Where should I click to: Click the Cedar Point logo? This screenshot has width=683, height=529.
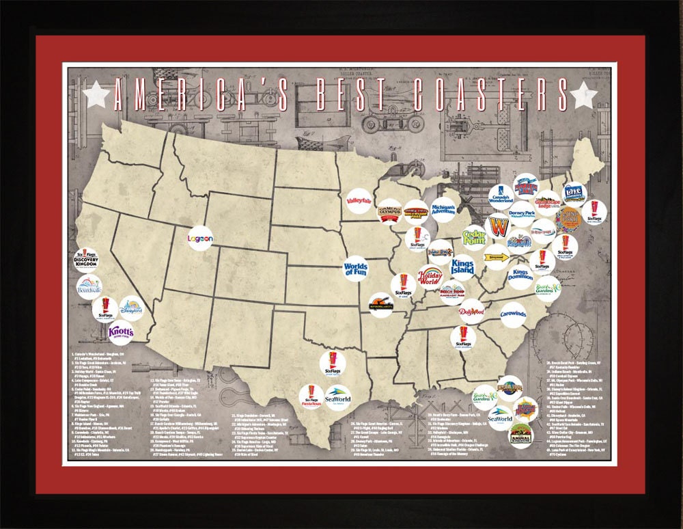click(x=474, y=237)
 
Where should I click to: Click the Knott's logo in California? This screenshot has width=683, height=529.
click(x=121, y=333)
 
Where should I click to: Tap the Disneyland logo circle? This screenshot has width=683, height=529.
click(x=131, y=308)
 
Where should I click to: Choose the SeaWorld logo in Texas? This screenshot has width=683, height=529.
click(x=337, y=397)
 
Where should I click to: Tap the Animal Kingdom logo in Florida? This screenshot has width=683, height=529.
click(x=521, y=435)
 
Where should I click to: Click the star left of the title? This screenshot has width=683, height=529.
click(x=96, y=96)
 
